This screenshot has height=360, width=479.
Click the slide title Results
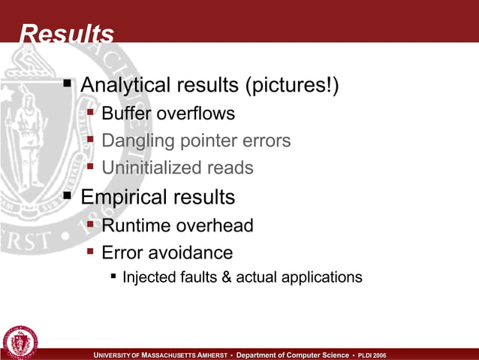[x=66, y=34]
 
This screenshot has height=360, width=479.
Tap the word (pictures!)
[x=291, y=86]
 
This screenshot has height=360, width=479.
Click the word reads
[x=228, y=168]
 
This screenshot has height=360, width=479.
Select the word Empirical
[x=122, y=198]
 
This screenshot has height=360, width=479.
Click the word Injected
[x=147, y=277]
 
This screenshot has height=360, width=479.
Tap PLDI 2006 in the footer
[x=372, y=355]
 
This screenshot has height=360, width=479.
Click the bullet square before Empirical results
[x=68, y=197]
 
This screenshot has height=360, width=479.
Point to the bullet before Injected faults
[x=113, y=277]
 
